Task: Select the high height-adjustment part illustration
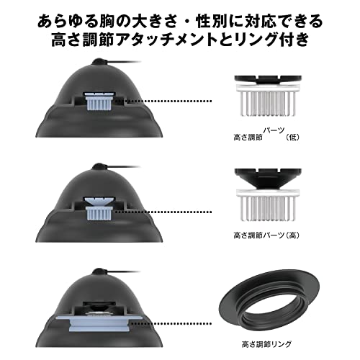pos(266,201)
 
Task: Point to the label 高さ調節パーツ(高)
pos(266,235)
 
